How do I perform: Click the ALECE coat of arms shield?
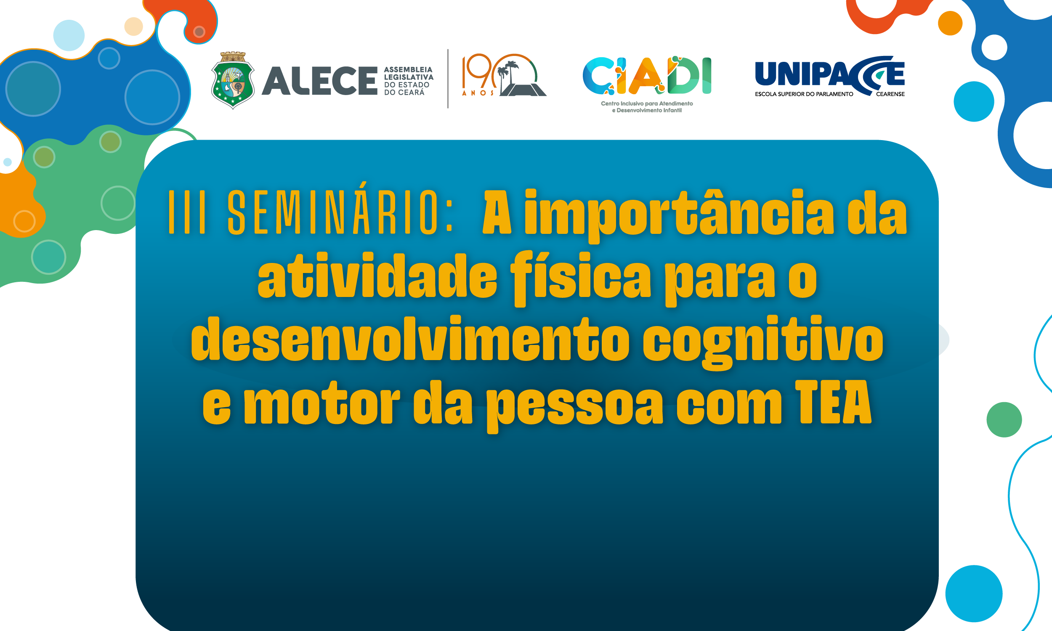(x=233, y=81)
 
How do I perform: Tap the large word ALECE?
(x=319, y=81)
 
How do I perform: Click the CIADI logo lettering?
(x=646, y=76)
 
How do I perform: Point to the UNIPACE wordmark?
(x=829, y=74)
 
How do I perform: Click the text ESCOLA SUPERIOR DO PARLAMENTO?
(x=804, y=94)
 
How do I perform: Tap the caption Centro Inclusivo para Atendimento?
(x=647, y=103)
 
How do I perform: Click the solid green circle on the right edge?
(x=1004, y=420)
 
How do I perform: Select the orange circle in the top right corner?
(x=950, y=23)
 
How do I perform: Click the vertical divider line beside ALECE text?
(x=448, y=79)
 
